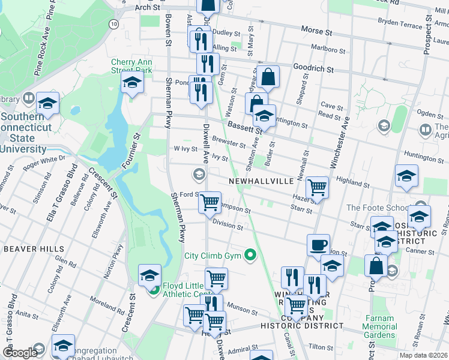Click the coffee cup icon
point(318,245)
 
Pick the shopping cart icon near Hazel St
point(316,187)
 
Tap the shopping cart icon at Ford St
point(209,203)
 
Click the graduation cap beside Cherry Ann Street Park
point(132,84)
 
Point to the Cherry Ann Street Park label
point(131,66)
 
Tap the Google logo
point(20,353)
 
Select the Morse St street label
point(316,30)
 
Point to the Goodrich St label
point(313,69)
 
